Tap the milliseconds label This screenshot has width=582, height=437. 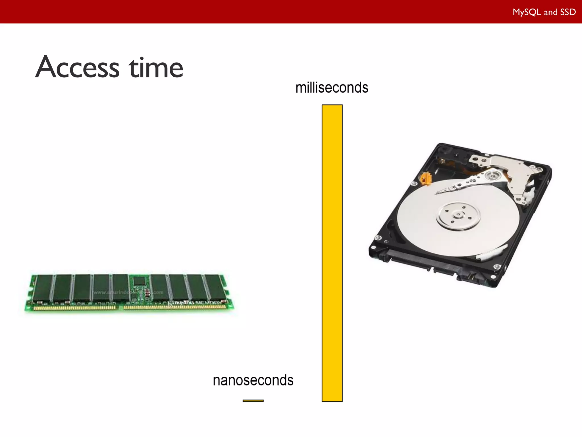point(332,88)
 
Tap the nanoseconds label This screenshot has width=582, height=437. point(253,380)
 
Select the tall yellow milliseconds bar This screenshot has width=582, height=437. point(332,253)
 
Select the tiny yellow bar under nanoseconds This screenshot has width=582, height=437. point(253,401)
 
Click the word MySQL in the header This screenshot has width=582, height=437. point(527,12)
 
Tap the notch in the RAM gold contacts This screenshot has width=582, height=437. point(120,308)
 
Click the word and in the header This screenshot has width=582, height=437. point(550,12)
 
